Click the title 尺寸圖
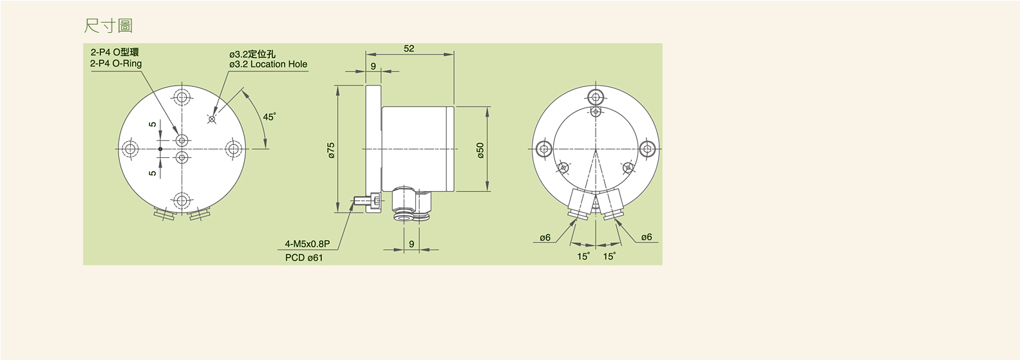click(x=108, y=26)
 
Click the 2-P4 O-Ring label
click(x=116, y=64)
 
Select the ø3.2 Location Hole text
click(x=269, y=64)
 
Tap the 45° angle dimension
click(x=269, y=117)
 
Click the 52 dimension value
click(x=409, y=49)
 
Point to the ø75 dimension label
click(x=331, y=150)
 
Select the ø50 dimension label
click(x=480, y=150)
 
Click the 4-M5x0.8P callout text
click(x=307, y=244)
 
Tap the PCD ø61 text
click(x=304, y=258)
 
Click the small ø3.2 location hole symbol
click(x=211, y=119)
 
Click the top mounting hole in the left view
click(x=182, y=97)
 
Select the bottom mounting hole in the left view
click(x=182, y=200)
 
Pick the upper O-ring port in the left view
click(x=182, y=140)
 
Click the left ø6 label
click(x=545, y=238)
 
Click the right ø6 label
click(x=647, y=237)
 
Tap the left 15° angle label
click(x=583, y=257)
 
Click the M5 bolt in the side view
click(x=367, y=201)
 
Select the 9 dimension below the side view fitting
click(x=411, y=244)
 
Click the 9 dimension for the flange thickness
click(x=373, y=66)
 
